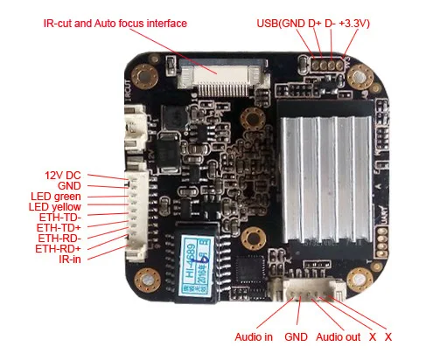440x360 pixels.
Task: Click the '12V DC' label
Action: (x=63, y=175)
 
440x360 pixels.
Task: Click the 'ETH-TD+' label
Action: (x=59, y=227)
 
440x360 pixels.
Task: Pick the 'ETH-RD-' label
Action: (x=59, y=238)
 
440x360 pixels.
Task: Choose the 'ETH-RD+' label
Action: (x=59, y=248)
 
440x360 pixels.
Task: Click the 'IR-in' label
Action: (x=71, y=259)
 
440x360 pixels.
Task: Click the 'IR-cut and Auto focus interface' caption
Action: (x=115, y=23)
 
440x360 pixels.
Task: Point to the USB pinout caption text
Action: (x=314, y=23)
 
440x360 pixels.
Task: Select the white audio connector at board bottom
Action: (x=301, y=288)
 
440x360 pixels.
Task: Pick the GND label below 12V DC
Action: (x=69, y=185)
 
